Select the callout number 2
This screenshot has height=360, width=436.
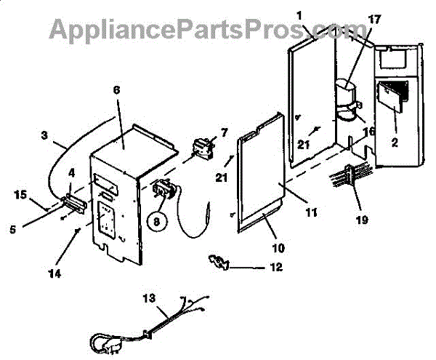pos(394,143)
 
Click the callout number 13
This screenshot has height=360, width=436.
pos(148,299)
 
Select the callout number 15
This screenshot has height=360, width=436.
pos(20,194)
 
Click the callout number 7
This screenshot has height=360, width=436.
pos(223,132)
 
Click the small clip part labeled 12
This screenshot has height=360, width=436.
pos(219,261)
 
